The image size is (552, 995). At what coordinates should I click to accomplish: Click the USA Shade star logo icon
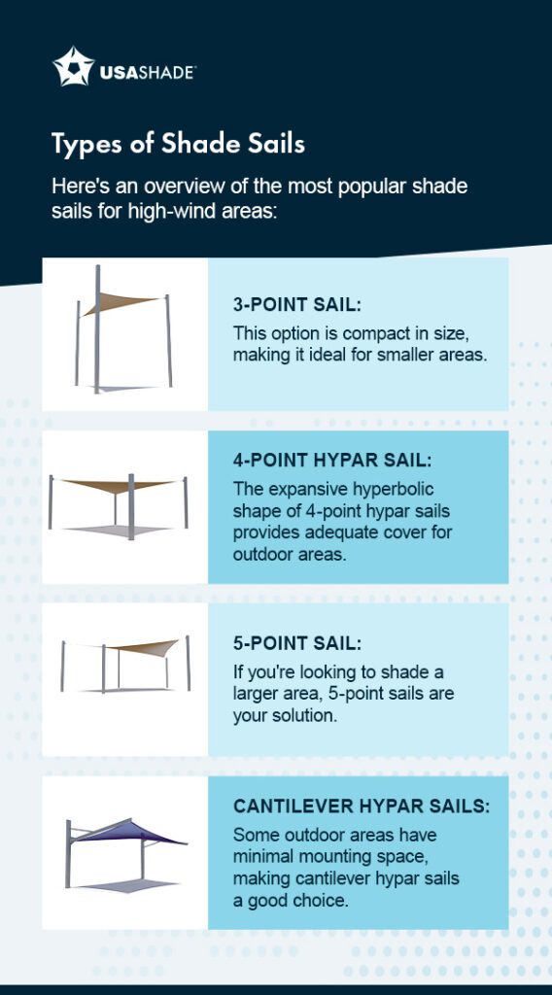point(72,66)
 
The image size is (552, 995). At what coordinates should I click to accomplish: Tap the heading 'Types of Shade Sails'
point(178,145)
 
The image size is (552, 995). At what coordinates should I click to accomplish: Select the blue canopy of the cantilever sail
point(136,832)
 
